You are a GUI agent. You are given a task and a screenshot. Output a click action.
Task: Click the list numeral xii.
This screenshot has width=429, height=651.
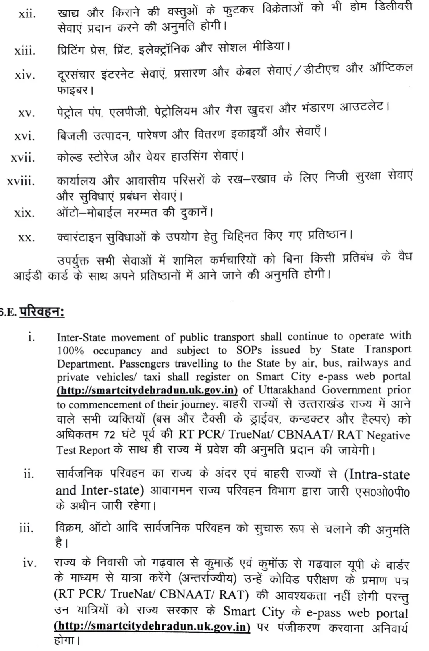[x=27, y=15]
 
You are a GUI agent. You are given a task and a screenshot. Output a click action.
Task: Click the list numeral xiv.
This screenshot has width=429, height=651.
[x=25, y=75]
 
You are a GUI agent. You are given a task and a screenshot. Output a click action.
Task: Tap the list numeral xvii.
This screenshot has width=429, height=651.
[x=23, y=158]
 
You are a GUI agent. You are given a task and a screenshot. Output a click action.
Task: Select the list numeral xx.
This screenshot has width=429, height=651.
[x=26, y=238]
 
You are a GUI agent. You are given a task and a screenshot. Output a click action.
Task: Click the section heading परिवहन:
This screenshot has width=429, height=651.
[x=42, y=312]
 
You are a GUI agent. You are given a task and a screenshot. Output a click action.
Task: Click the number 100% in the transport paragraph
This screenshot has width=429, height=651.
[x=71, y=351]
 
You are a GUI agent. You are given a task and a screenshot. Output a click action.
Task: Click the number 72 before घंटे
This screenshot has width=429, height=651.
[x=109, y=435]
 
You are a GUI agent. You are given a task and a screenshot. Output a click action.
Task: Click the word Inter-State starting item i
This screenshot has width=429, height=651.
[x=81, y=337]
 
